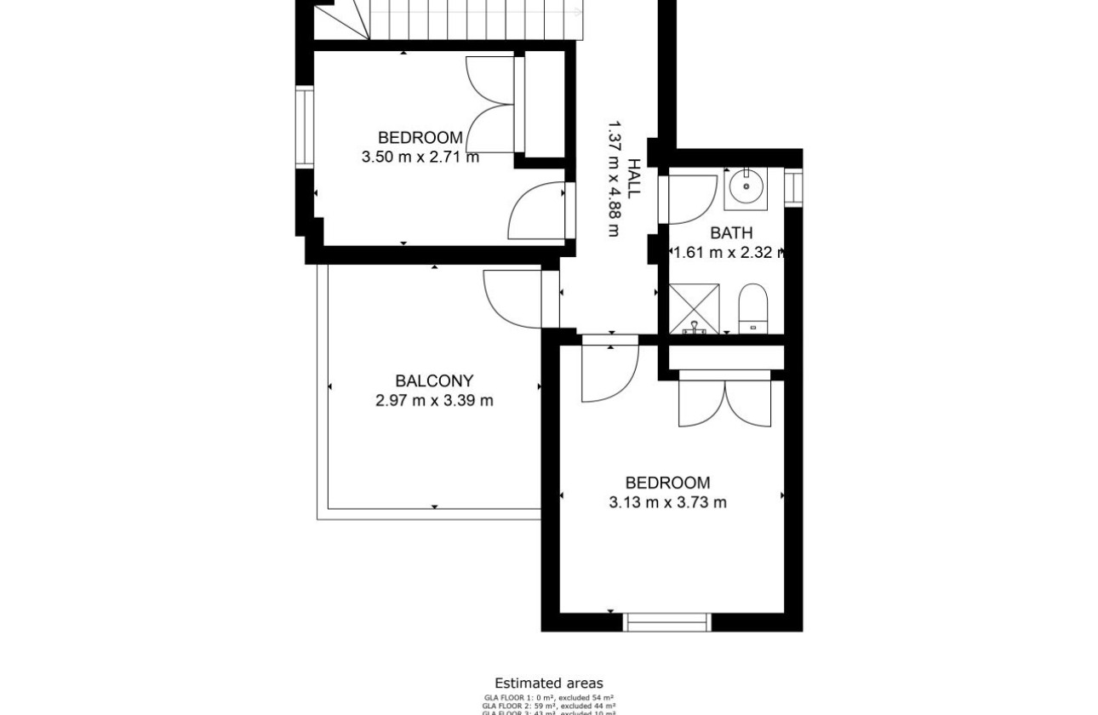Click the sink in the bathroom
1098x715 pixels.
(x=746, y=187)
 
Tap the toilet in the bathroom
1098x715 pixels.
(x=753, y=309)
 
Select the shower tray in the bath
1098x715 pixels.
(x=694, y=309)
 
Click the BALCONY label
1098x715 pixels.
(x=434, y=381)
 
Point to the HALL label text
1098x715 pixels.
(x=634, y=178)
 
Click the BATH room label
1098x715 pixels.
(x=731, y=232)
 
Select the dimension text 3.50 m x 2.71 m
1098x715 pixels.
(x=420, y=157)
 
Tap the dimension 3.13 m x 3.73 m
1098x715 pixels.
(x=668, y=502)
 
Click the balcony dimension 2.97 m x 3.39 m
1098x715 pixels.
(x=434, y=401)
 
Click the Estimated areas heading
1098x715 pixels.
(x=549, y=684)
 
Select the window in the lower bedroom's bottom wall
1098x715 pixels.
(x=666, y=622)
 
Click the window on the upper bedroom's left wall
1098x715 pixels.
(x=304, y=128)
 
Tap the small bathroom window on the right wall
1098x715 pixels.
(x=793, y=187)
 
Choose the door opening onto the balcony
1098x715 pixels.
(x=512, y=298)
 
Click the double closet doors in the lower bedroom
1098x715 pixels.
(x=724, y=402)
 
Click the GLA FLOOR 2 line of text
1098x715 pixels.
(x=549, y=705)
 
